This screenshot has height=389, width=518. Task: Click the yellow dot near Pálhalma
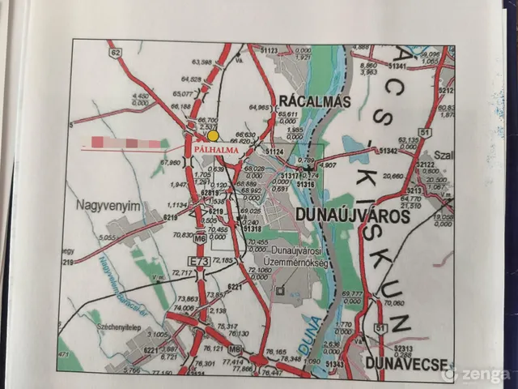tap(213, 136)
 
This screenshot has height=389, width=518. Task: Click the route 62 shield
tap(117, 53)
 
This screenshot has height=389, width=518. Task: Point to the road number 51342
tap(388, 151)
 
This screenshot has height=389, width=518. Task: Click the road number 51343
tap(333, 365)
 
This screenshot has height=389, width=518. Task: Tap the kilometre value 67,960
tap(170, 162)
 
